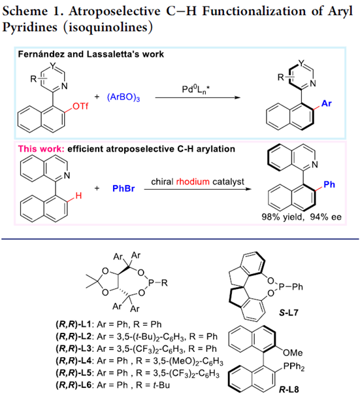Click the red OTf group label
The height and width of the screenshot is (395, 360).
(80, 106)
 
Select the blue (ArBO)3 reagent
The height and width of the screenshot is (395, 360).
(123, 97)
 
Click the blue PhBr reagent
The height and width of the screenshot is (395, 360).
(123, 188)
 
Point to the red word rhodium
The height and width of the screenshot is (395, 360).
(193, 181)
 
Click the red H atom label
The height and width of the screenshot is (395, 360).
(78, 196)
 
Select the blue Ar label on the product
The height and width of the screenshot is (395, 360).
(327, 103)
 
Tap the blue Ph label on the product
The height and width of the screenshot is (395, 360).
(329, 184)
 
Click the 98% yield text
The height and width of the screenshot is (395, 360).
(283, 217)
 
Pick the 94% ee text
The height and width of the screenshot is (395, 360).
(325, 217)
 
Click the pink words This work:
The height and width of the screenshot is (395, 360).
(41, 149)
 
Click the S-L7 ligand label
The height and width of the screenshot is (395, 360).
(289, 313)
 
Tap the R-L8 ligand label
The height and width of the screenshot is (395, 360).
(289, 390)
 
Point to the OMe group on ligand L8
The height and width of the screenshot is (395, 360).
(293, 352)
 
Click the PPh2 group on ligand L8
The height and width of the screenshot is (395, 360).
(294, 366)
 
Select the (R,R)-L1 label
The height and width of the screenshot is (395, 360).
(74, 324)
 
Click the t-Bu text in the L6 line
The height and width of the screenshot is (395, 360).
(161, 385)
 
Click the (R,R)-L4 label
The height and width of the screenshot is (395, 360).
(74, 361)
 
